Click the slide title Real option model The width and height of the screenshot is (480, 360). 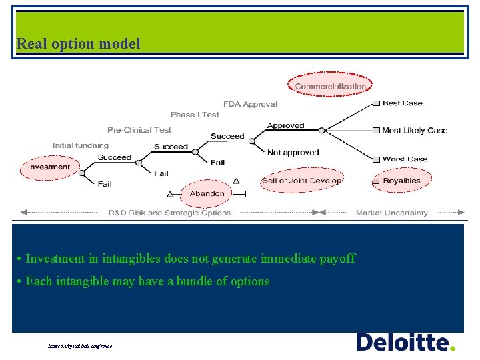point(79,44)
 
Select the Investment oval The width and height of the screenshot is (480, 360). point(49,167)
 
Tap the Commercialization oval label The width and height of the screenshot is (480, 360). point(330,86)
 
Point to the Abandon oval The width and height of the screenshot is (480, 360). point(207,193)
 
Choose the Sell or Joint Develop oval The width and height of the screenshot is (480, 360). point(301,181)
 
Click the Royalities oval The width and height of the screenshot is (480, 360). point(401,181)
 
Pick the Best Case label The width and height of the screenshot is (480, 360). point(403,103)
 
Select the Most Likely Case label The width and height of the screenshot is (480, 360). point(414,131)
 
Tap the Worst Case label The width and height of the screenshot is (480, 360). point(405,159)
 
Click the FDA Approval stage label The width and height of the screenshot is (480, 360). point(250,104)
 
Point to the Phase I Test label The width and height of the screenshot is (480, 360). point(195,115)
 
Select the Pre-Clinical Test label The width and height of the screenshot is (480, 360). point(139,130)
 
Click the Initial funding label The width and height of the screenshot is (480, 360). point(80,145)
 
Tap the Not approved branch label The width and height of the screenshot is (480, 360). point(293,153)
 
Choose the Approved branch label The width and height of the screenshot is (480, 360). point(285,126)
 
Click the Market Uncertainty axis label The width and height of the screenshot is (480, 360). point(391,213)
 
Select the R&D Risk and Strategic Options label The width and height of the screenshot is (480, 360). point(169,213)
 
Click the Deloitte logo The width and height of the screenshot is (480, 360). point(405,343)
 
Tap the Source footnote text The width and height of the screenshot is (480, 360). point(80,346)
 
